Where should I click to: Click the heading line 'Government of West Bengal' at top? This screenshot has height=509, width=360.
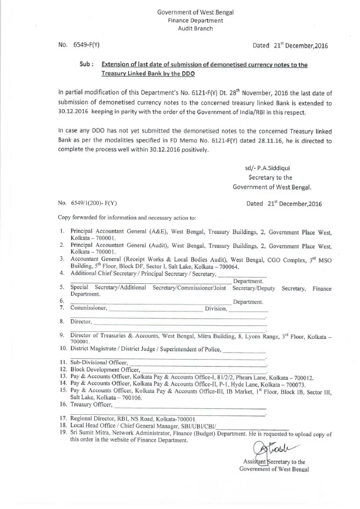click(195, 12)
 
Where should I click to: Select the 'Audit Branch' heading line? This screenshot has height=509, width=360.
click(195, 28)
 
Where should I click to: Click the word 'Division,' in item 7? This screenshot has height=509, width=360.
click(216, 308)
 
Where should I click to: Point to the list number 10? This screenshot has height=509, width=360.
click(62, 349)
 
